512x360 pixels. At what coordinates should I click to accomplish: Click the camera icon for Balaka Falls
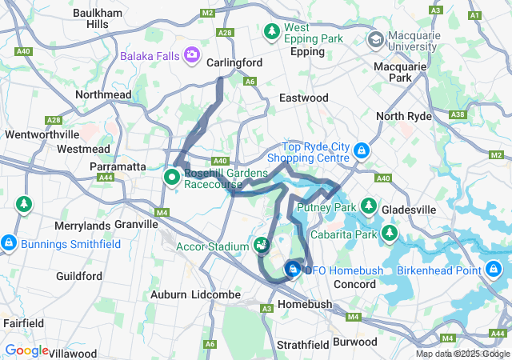(x=192, y=54)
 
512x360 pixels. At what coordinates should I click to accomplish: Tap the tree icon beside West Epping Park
(x=272, y=31)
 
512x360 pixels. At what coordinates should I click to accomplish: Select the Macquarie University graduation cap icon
(x=374, y=39)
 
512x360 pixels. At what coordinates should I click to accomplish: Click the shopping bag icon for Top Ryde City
(x=362, y=150)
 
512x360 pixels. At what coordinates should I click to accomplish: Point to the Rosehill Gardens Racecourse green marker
(x=172, y=176)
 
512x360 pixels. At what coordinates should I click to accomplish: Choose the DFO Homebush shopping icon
(x=294, y=270)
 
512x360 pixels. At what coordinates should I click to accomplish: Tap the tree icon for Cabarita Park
(x=390, y=233)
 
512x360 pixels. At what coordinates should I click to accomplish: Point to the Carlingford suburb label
(x=234, y=62)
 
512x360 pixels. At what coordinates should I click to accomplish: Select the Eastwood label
(x=304, y=98)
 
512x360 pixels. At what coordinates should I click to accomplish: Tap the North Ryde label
(x=404, y=116)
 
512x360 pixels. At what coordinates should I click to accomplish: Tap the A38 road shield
(x=458, y=115)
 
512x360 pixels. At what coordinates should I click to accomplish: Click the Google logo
(x=26, y=350)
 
